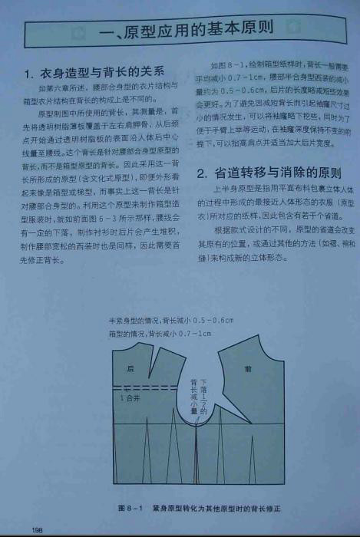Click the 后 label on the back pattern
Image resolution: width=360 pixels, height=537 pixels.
pos(130,369)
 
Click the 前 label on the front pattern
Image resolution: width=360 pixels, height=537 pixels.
pos(247,369)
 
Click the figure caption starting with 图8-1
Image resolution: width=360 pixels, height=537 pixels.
pos(201,509)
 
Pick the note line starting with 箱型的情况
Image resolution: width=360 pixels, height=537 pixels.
pos(160,334)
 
